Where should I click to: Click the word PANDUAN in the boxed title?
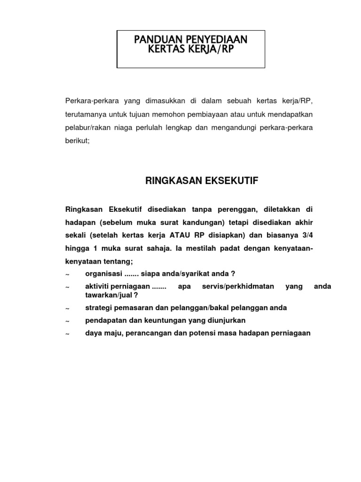[x=155, y=40]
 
